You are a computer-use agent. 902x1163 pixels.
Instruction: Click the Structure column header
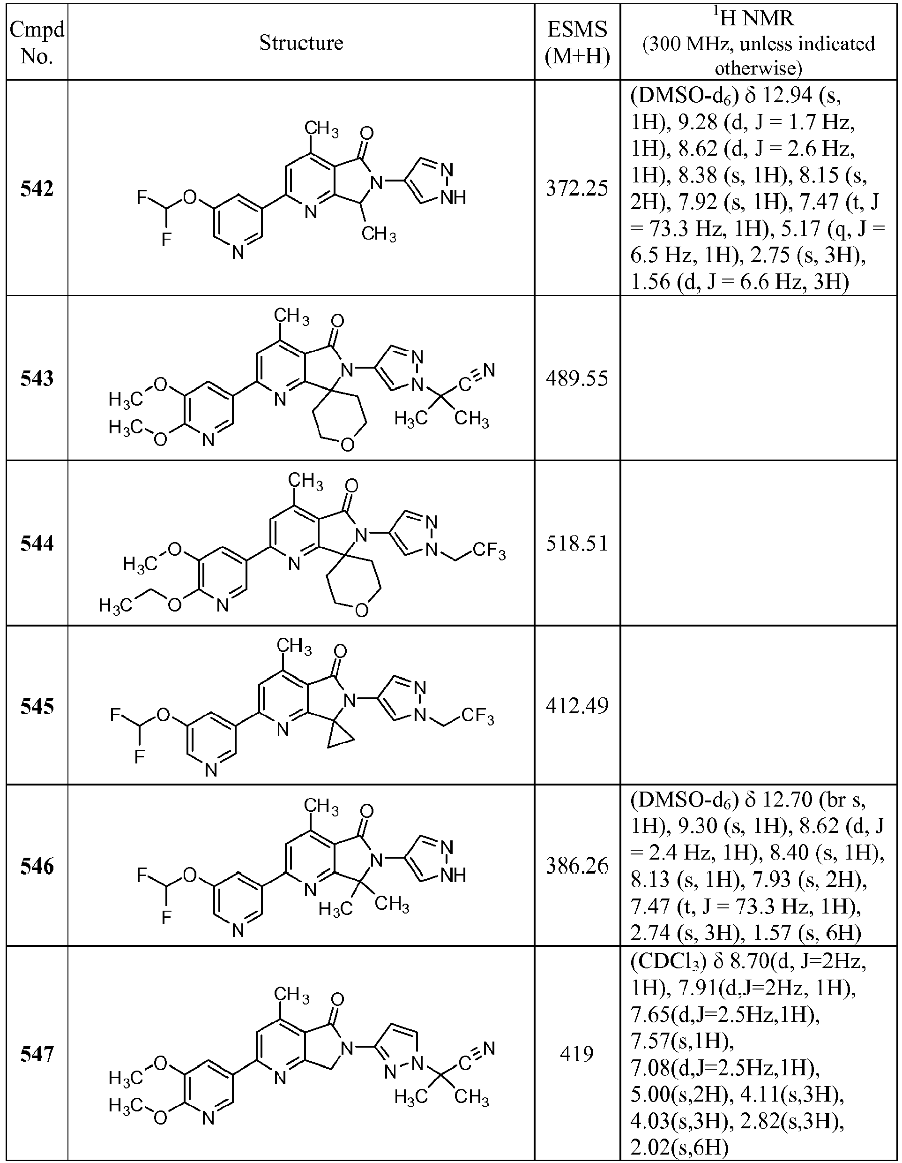tap(301, 43)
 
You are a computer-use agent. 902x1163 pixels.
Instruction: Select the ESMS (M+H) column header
tap(577, 43)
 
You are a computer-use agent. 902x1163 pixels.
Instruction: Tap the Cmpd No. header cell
tap(37, 43)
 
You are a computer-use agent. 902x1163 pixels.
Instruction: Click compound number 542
tap(37, 189)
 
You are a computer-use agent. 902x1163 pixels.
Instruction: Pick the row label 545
tap(37, 706)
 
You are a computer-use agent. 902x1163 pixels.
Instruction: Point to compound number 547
tap(37, 1054)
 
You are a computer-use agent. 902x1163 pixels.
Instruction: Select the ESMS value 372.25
tap(577, 189)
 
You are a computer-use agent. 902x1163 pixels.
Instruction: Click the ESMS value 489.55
tap(577, 378)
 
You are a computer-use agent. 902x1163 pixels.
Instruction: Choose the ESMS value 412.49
tap(577, 706)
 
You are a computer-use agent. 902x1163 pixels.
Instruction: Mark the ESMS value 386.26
tap(577, 867)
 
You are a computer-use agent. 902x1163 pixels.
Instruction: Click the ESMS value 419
tap(577, 1054)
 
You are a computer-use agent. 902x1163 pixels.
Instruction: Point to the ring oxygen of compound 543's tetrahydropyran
tap(348, 444)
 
